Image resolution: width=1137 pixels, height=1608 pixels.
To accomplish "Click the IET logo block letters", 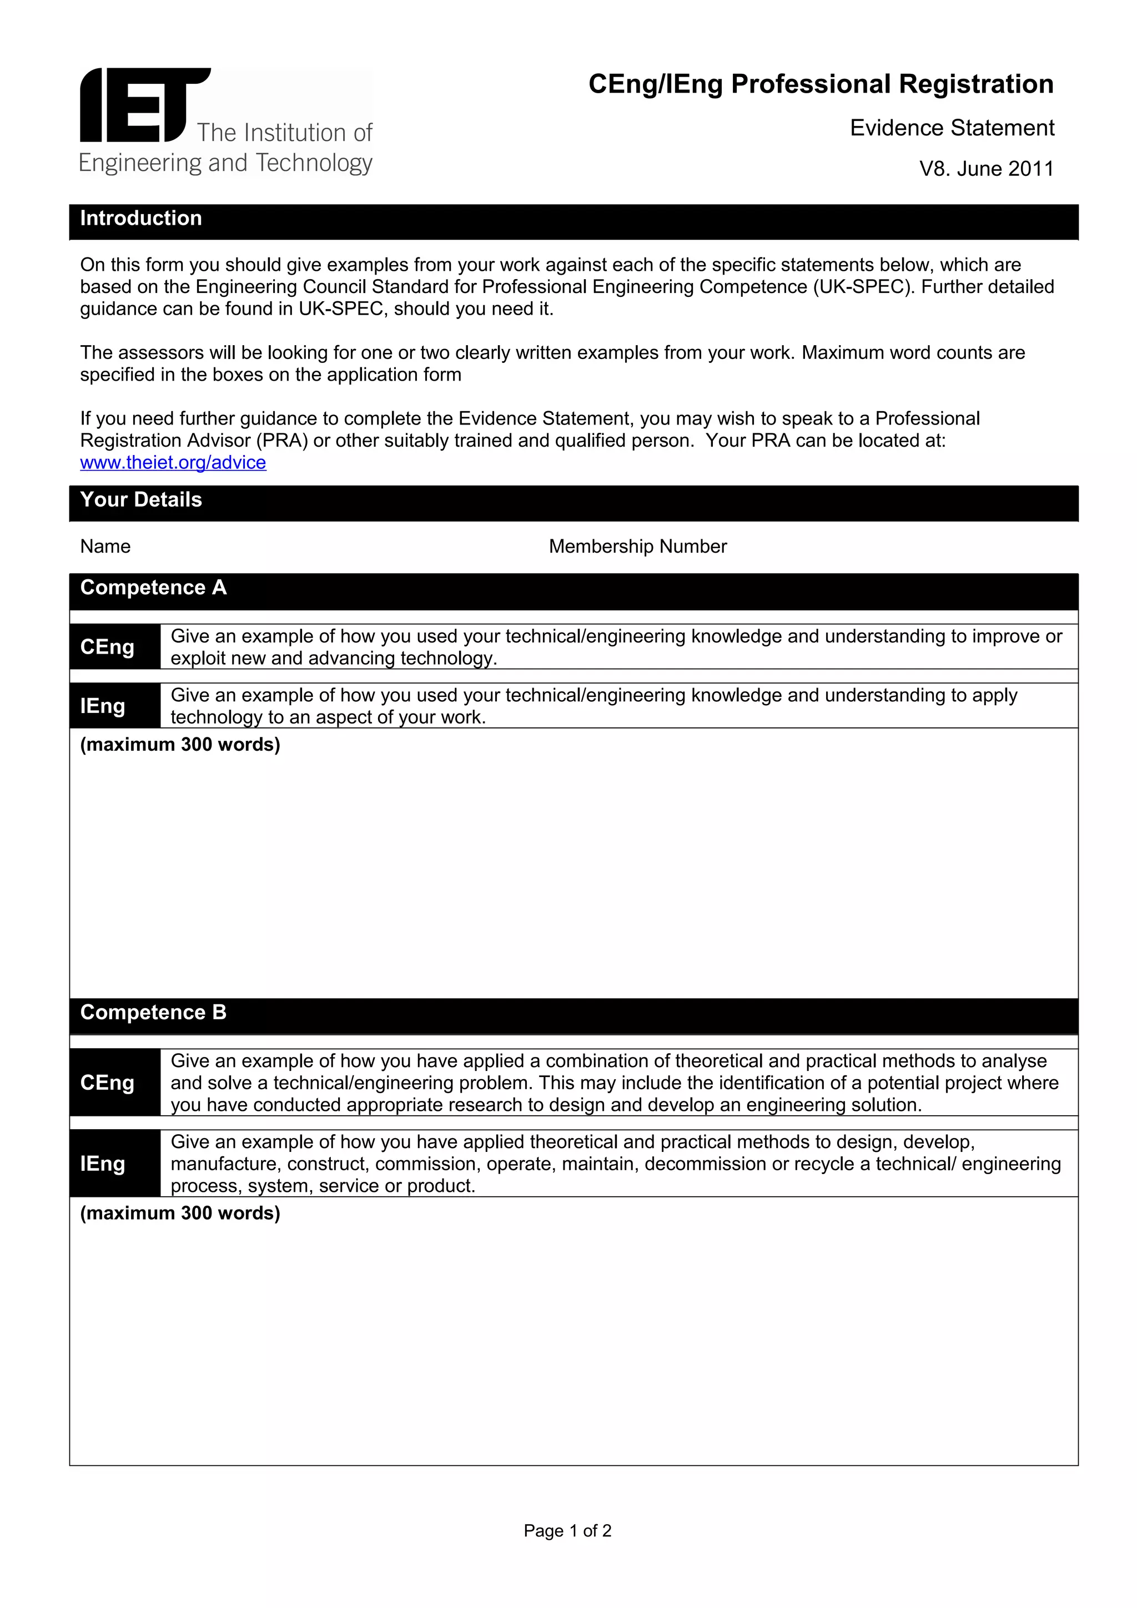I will [x=144, y=105].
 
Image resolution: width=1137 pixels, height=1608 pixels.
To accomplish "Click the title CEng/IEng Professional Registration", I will [x=821, y=84].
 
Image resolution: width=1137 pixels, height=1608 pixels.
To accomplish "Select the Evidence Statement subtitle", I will [x=952, y=128].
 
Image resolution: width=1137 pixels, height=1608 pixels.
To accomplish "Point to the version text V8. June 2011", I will [x=985, y=169].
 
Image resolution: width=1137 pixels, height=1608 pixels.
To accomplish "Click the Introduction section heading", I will [x=141, y=219].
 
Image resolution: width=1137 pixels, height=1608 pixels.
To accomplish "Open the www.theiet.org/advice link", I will [x=173, y=462].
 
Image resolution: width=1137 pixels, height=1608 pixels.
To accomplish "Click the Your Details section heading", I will [x=141, y=500].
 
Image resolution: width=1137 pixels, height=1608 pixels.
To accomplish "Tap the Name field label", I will [x=105, y=547].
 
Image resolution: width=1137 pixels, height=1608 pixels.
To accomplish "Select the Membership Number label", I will [x=637, y=547].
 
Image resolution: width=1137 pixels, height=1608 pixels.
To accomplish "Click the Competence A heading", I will [x=153, y=588].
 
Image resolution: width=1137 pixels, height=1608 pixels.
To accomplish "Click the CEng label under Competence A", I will [x=107, y=646].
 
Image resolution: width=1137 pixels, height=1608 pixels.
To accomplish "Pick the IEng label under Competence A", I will [x=103, y=706].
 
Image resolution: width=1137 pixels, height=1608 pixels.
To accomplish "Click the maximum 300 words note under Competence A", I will [x=180, y=745].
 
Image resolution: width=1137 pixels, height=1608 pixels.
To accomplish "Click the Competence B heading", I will [x=153, y=1013].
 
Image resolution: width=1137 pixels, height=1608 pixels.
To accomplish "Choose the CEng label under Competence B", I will [x=107, y=1083].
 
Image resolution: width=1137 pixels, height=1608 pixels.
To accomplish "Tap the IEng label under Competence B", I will [x=103, y=1164].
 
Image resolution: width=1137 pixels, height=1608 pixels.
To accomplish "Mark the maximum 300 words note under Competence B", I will [x=180, y=1213].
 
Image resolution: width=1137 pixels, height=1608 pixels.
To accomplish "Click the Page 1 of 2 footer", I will [x=567, y=1531].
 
